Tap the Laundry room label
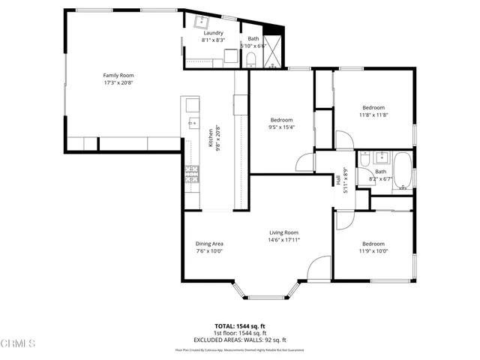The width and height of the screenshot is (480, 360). click(x=214, y=33)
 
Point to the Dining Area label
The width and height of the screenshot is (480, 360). click(x=209, y=244)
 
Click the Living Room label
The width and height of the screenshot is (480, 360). click(x=283, y=232)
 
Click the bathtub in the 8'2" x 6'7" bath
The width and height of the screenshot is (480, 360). click(x=402, y=169)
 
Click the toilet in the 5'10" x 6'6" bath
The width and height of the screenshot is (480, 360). click(x=253, y=58)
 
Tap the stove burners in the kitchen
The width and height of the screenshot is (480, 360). click(x=190, y=175)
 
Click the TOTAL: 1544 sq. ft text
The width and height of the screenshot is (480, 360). click(x=240, y=326)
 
